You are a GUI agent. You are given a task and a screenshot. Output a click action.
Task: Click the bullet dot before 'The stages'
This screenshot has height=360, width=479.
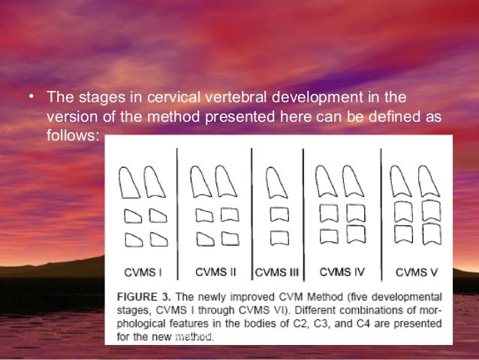[32, 98]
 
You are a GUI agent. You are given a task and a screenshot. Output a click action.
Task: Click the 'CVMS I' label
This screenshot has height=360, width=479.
[143, 271]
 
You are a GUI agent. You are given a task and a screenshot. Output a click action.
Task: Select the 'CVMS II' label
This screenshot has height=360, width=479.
[215, 271]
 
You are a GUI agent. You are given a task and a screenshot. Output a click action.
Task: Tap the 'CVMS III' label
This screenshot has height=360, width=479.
[278, 271]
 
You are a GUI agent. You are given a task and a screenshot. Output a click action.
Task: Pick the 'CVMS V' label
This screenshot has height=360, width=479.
[416, 271]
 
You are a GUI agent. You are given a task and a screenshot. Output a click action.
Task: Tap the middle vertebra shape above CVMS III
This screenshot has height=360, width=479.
[279, 215]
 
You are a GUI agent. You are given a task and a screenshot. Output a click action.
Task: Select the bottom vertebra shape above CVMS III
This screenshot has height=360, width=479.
[279, 238]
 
